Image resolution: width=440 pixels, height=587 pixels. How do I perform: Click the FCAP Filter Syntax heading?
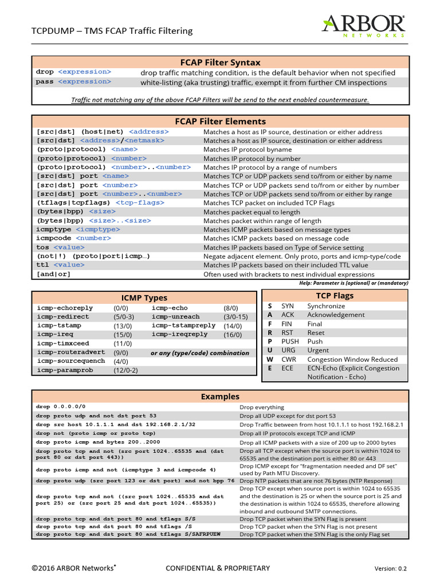tap(221, 62)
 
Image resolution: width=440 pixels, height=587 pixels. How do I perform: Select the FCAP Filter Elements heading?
tap(221, 122)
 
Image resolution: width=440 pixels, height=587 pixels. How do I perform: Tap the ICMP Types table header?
tap(144, 298)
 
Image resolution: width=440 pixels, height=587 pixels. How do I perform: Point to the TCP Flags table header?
tap(335, 296)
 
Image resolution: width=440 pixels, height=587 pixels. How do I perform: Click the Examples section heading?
tap(221, 397)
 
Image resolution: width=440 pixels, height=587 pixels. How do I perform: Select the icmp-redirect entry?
tap(63, 316)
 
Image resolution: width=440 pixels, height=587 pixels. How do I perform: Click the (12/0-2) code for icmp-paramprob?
tap(125, 370)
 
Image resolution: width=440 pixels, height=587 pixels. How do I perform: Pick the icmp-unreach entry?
tap(176, 316)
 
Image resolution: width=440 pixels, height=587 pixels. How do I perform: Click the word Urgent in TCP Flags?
tap(318, 350)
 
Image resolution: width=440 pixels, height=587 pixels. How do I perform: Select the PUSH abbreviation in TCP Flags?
tap(290, 342)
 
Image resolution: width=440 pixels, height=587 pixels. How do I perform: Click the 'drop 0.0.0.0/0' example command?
tap(61, 406)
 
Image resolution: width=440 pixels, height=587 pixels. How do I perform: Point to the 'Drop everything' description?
tap(261, 407)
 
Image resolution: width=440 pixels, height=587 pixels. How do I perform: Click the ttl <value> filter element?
tap(61, 265)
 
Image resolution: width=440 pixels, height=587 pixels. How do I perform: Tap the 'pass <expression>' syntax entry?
tap(73, 82)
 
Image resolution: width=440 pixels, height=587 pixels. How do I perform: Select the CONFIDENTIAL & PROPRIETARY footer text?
tap(218, 568)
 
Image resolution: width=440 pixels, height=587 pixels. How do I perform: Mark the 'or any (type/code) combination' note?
tap(200, 353)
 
